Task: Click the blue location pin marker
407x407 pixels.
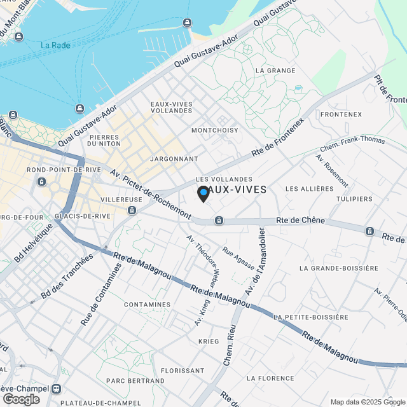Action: pyautogui.click(x=203, y=193)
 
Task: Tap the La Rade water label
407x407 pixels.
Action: pyautogui.click(x=55, y=45)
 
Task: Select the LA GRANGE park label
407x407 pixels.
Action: pyautogui.click(x=275, y=71)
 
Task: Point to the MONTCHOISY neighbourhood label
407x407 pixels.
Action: pyautogui.click(x=215, y=130)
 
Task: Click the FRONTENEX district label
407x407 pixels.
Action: pyautogui.click(x=341, y=114)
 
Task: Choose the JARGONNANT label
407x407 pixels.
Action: pyautogui.click(x=174, y=158)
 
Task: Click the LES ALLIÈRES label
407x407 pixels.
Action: pyautogui.click(x=309, y=189)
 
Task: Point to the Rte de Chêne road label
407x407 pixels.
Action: pyautogui.click(x=301, y=221)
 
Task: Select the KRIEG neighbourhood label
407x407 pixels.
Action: pyautogui.click(x=208, y=341)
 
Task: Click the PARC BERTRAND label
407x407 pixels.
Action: pyautogui.click(x=135, y=381)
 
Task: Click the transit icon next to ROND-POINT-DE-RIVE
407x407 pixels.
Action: pyautogui.click(x=41, y=182)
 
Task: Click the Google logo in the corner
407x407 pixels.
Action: pyautogui.click(x=20, y=399)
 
